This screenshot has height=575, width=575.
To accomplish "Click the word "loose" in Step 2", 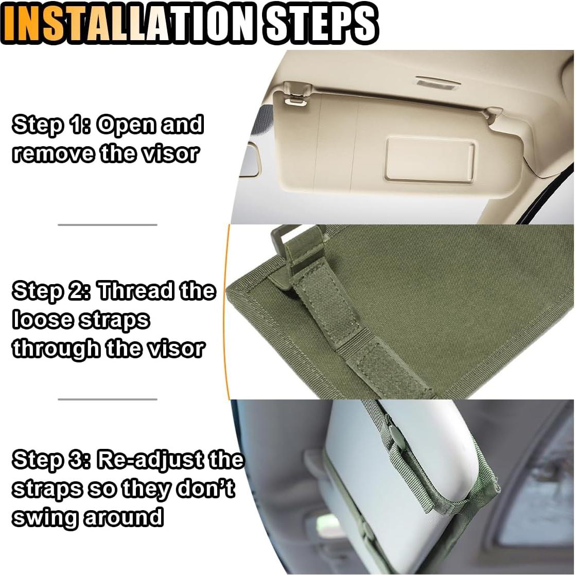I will pyautogui.click(x=42, y=320).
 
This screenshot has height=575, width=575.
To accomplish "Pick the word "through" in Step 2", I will pyautogui.click(x=56, y=350).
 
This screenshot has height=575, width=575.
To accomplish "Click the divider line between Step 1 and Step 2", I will pyautogui.click(x=107, y=225).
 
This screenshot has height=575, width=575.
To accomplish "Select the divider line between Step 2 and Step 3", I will pyautogui.click(x=107, y=399).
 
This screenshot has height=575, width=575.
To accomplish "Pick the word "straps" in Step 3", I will pyautogui.click(x=46, y=488).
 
